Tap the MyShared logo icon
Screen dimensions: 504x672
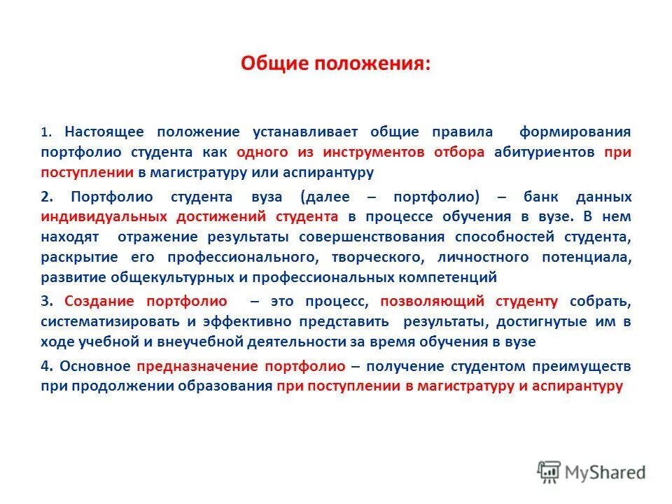click(549, 472)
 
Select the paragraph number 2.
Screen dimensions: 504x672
click(45, 197)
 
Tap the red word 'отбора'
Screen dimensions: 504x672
click(458, 152)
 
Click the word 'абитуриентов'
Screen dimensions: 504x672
click(544, 152)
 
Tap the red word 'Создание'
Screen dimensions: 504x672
click(100, 302)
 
